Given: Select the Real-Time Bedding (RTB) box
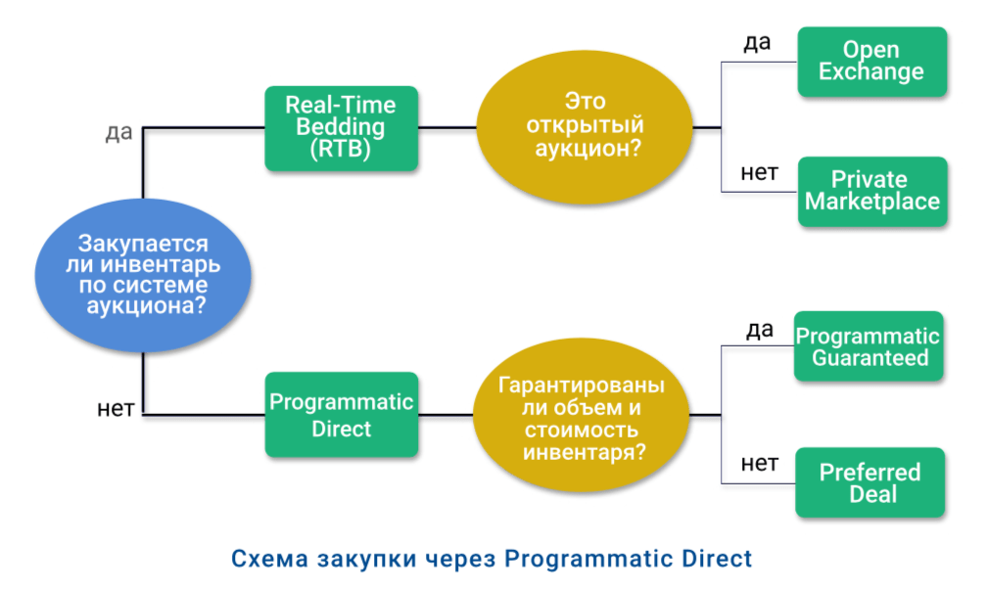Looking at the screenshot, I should click(341, 127).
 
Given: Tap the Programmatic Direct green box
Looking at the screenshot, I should click(341, 415).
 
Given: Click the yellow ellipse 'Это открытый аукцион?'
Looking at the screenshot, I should click(585, 127).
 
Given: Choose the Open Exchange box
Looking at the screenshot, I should click(871, 61).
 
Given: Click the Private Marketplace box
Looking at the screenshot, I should click(871, 192).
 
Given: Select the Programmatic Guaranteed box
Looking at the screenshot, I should click(868, 345).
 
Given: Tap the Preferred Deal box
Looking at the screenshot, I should click(869, 482).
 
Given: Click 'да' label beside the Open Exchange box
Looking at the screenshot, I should click(756, 43).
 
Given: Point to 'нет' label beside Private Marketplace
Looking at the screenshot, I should click(758, 173).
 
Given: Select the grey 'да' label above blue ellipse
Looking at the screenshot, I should click(118, 132).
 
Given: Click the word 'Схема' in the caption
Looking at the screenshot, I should click(267, 559).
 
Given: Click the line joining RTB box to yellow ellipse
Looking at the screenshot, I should click(447, 127).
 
